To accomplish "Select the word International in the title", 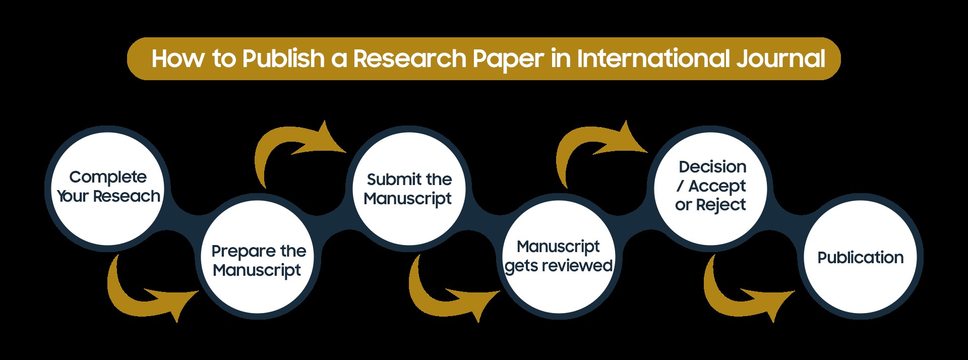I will tap(653, 59).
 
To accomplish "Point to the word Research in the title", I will tap(410, 59).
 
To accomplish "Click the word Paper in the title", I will tap(508, 59).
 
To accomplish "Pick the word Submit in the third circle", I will tap(387, 179).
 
